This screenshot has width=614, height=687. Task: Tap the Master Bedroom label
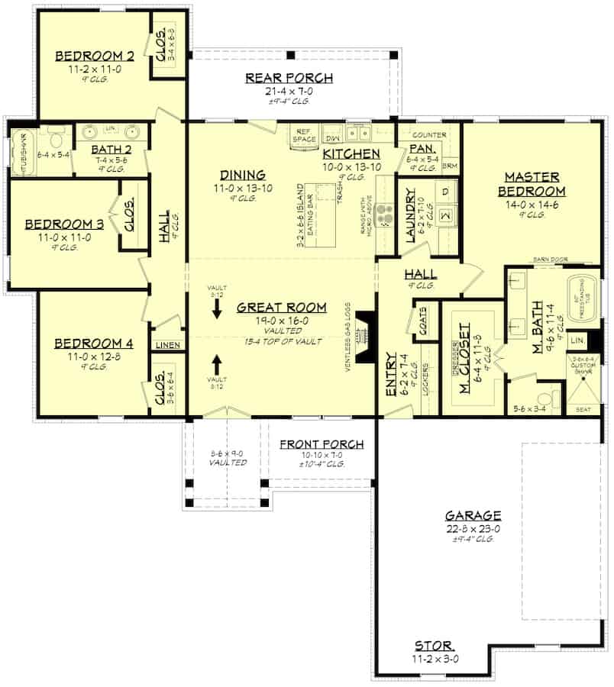[532, 184]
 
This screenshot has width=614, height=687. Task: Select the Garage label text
[474, 515]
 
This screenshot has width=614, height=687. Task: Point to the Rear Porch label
[289, 77]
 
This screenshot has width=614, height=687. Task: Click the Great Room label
[281, 308]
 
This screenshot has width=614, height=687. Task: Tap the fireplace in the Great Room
[366, 335]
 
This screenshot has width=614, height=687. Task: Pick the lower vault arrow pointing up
[216, 362]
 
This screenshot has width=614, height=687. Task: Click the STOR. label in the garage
[435, 644]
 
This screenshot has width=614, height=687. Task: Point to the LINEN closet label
[168, 346]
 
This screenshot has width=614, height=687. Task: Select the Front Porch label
[321, 444]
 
